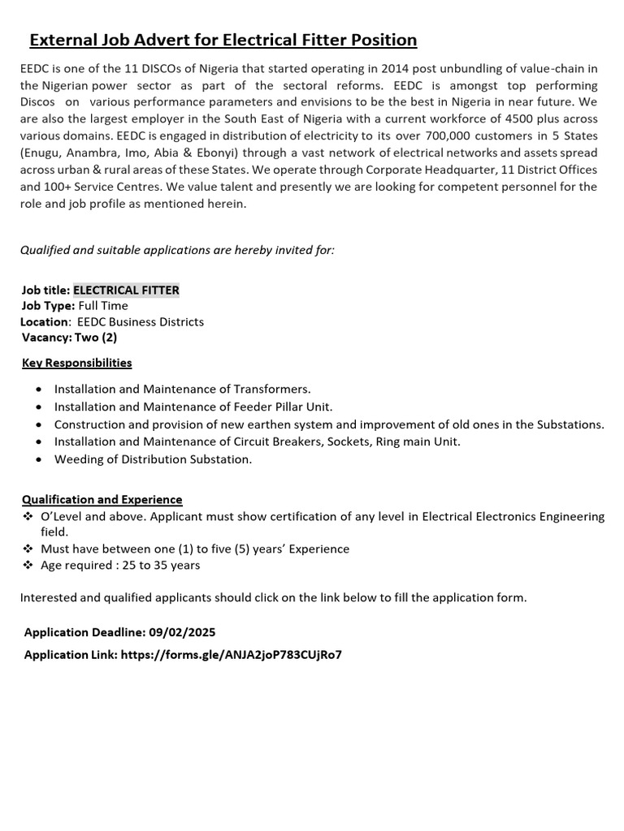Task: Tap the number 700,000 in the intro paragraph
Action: (451, 136)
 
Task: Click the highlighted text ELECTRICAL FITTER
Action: (126, 290)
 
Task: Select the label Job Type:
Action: (47, 306)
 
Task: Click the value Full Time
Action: (103, 306)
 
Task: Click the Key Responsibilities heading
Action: (76, 363)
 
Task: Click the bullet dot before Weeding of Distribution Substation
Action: (38, 460)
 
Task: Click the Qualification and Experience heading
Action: (102, 499)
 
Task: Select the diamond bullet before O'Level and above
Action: (27, 517)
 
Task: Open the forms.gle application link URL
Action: (231, 654)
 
